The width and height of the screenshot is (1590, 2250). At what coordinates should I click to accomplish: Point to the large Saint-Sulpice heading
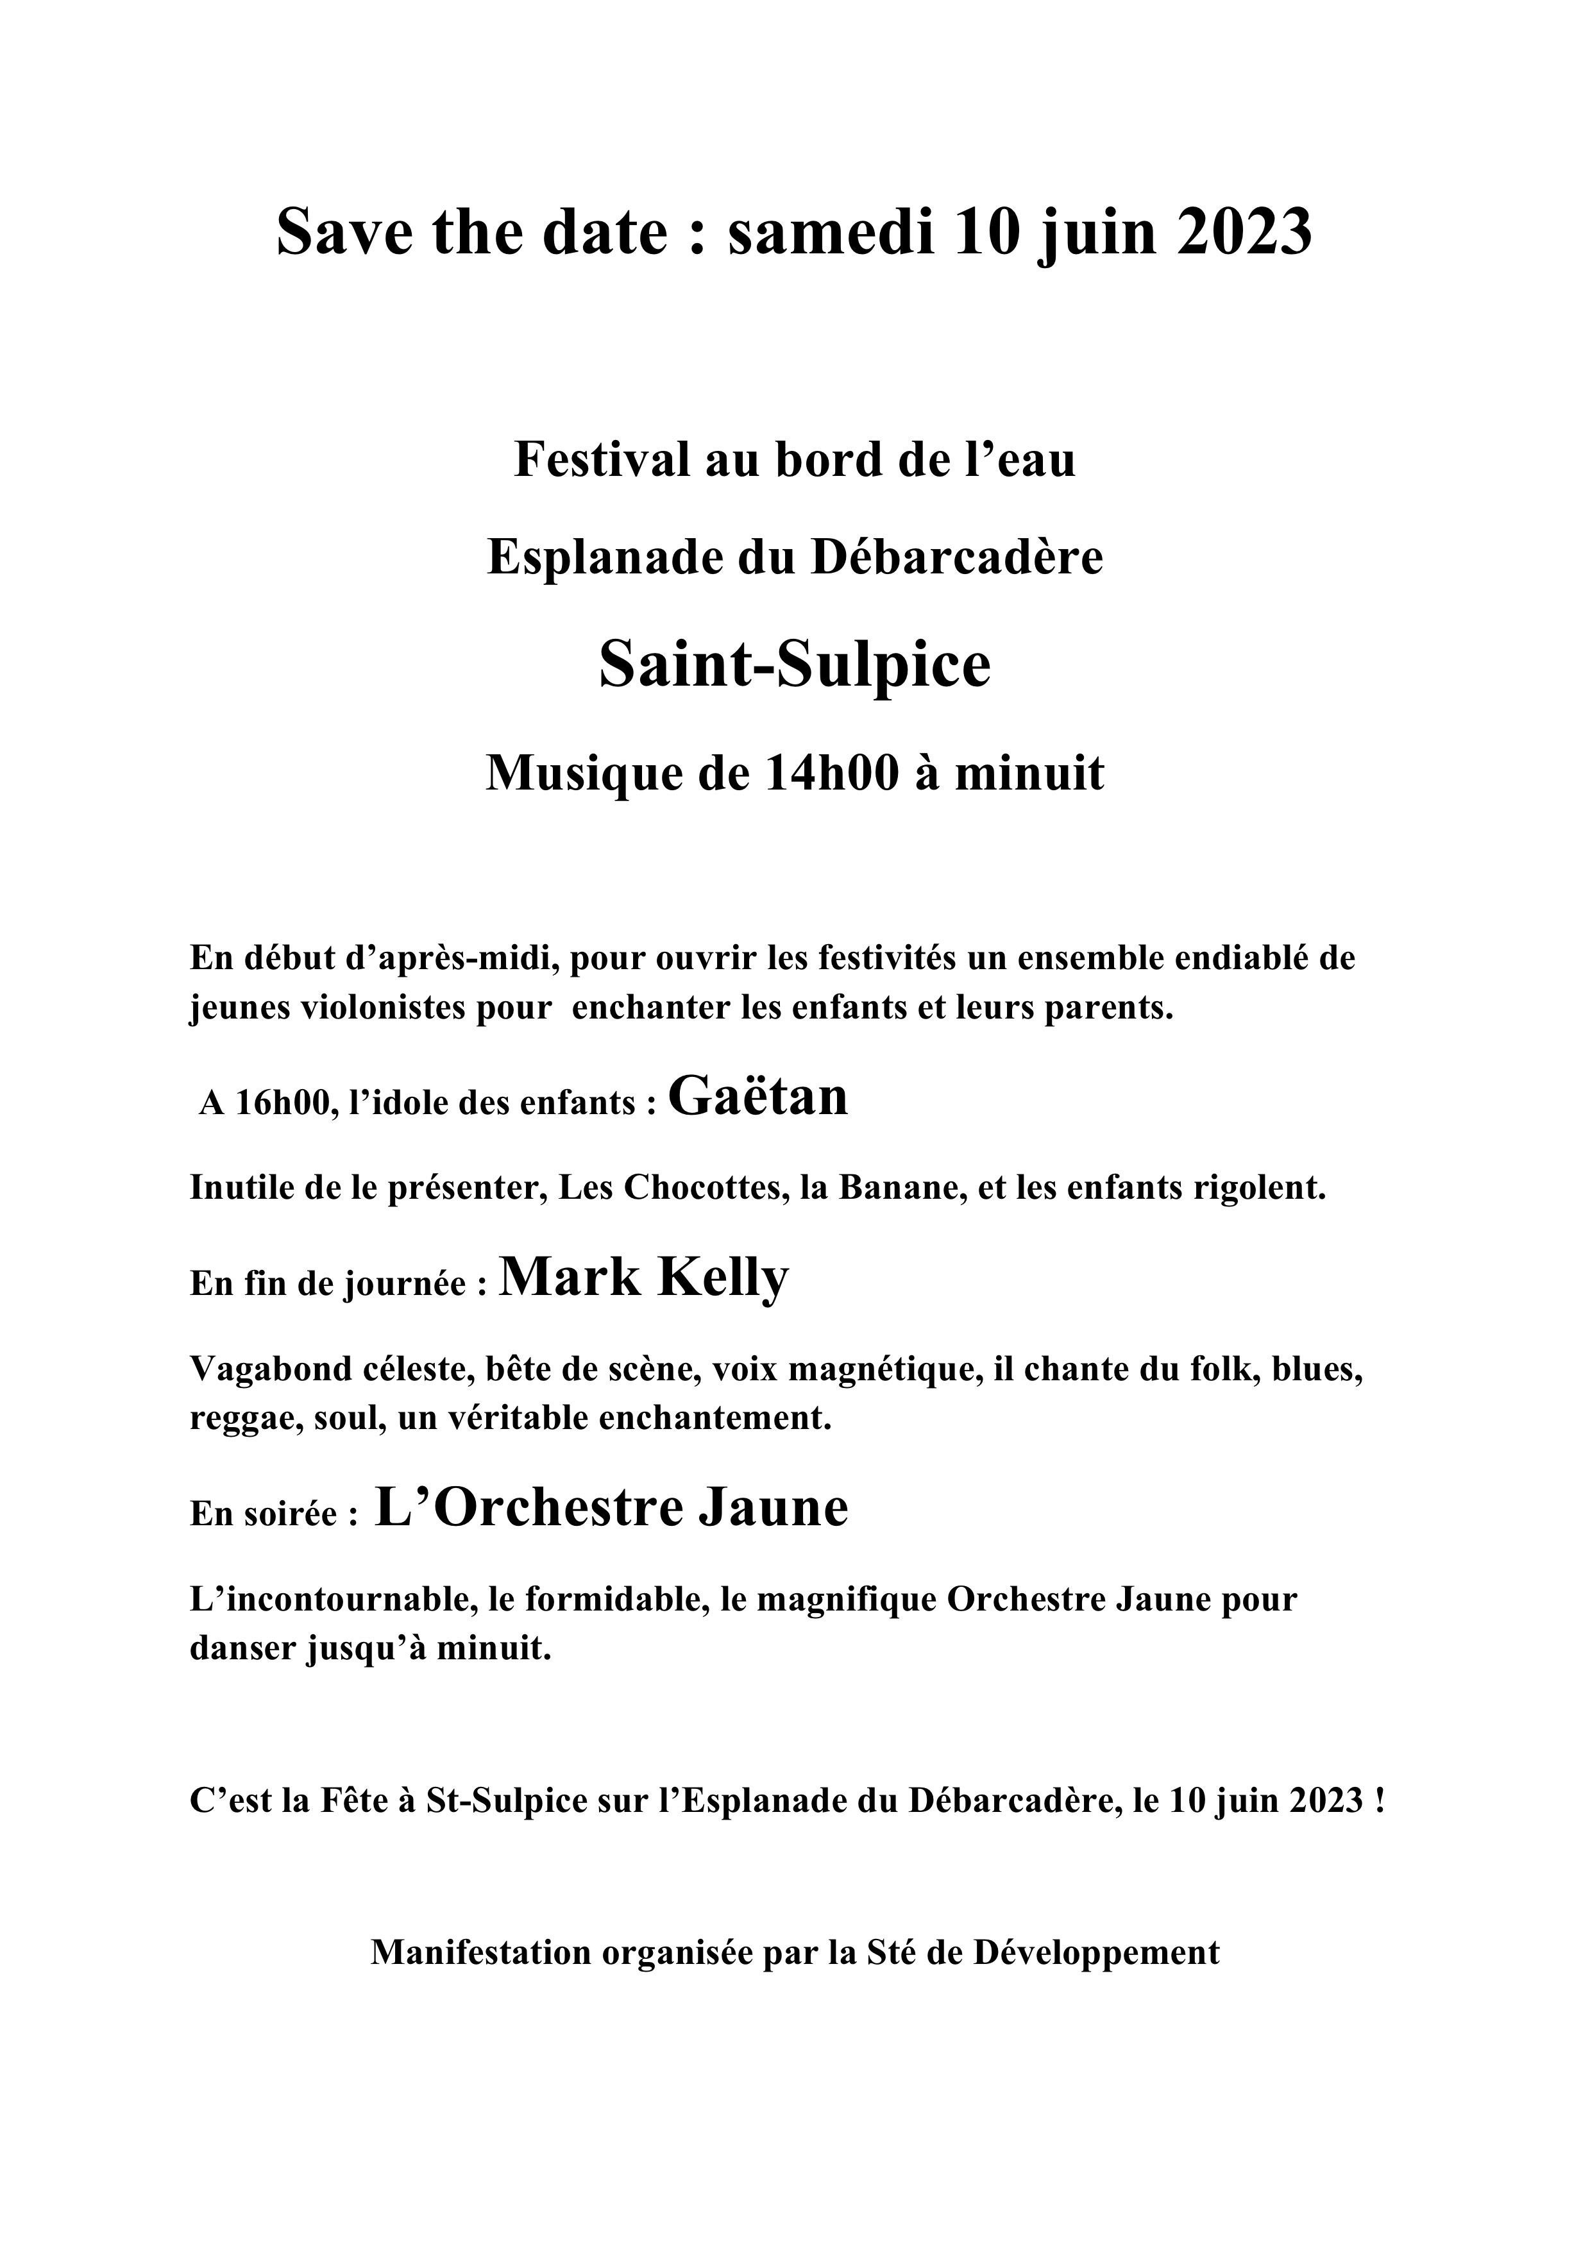pyautogui.click(x=795, y=665)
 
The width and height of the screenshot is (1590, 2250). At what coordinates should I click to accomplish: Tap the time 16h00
pyautogui.click(x=283, y=1103)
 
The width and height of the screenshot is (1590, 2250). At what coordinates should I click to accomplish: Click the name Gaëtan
pyautogui.click(x=757, y=1097)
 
